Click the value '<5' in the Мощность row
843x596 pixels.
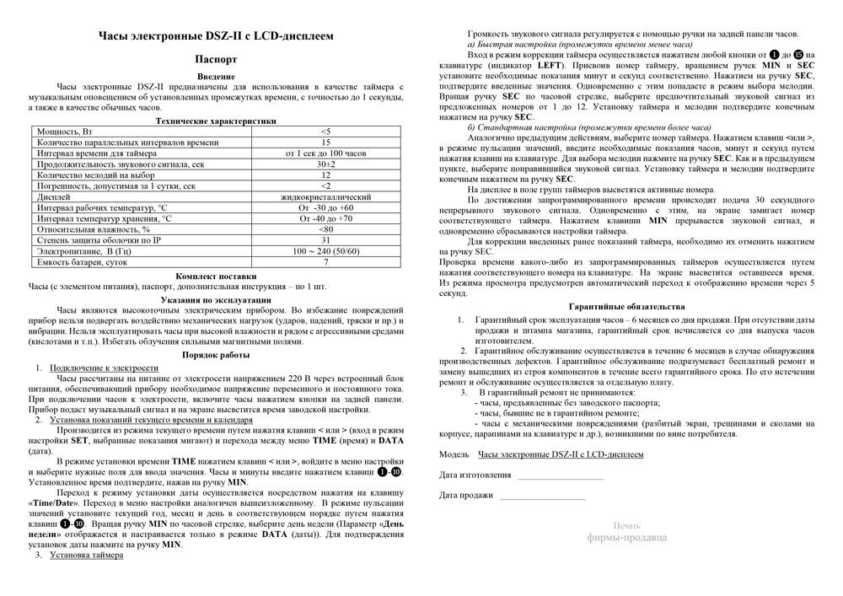[325, 132]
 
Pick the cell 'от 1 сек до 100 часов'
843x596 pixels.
[325, 153]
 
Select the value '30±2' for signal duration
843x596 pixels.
[325, 164]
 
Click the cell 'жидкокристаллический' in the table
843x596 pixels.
[325, 197]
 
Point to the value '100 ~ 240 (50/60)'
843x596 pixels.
[325, 251]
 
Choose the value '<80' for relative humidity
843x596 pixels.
[325, 229]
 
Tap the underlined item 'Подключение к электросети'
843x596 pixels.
[104, 368]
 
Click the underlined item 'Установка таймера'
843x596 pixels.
[86, 555]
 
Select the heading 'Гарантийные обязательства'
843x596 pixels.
[626, 307]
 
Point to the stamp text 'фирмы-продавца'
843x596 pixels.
[626, 536]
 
